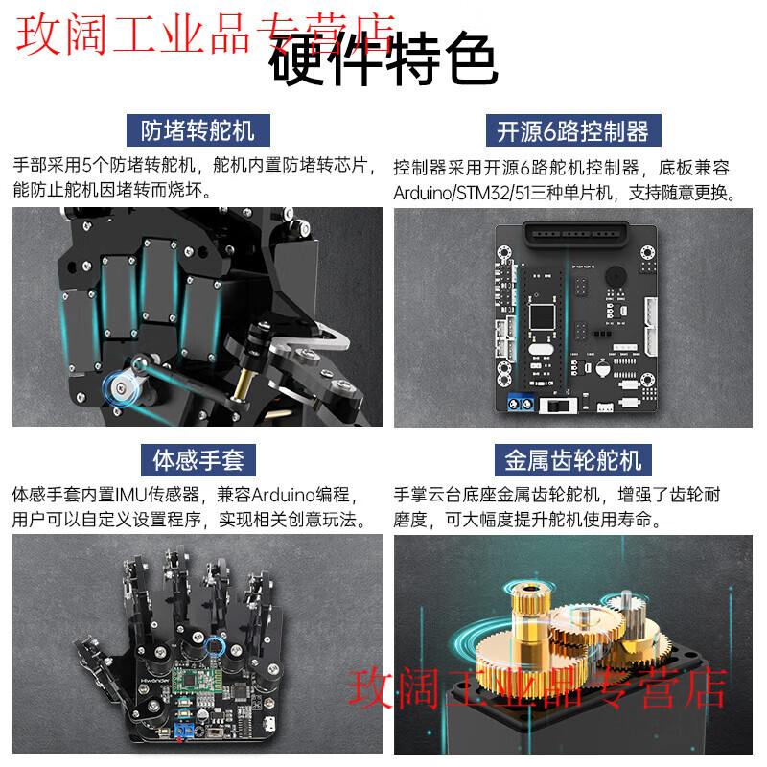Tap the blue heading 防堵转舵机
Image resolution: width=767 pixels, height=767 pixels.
198,129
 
